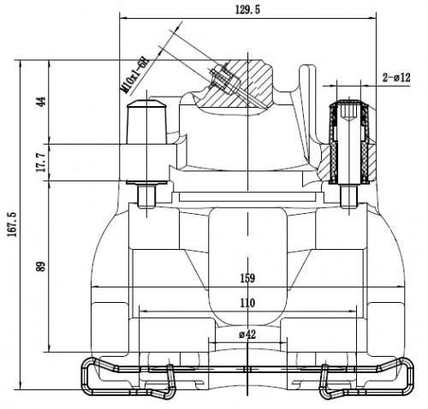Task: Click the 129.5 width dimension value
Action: pyautogui.click(x=247, y=9)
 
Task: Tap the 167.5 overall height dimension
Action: pyautogui.click(x=12, y=224)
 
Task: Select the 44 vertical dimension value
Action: pyautogui.click(x=42, y=102)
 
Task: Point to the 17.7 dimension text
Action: pyautogui.click(x=42, y=162)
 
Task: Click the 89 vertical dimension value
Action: pyautogui.click(x=42, y=266)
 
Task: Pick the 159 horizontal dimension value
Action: pyautogui.click(x=247, y=278)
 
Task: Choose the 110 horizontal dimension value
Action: pyautogui.click(x=247, y=303)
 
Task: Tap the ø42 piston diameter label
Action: pyautogui.click(x=247, y=335)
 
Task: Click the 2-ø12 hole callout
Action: pyautogui.click(x=396, y=77)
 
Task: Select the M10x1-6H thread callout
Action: pyautogui.click(x=134, y=75)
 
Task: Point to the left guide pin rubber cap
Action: pyautogui.click(x=146, y=122)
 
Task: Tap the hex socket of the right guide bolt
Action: pyautogui.click(x=349, y=111)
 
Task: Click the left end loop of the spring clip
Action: pyautogui.click(x=89, y=376)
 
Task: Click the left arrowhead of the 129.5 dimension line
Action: pyautogui.click(x=123, y=18)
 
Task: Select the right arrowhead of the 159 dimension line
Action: pyautogui.click(x=400, y=287)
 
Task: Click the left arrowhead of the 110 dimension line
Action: pyautogui.click(x=143, y=311)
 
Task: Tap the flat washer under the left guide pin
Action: pyautogui.click(x=146, y=182)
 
